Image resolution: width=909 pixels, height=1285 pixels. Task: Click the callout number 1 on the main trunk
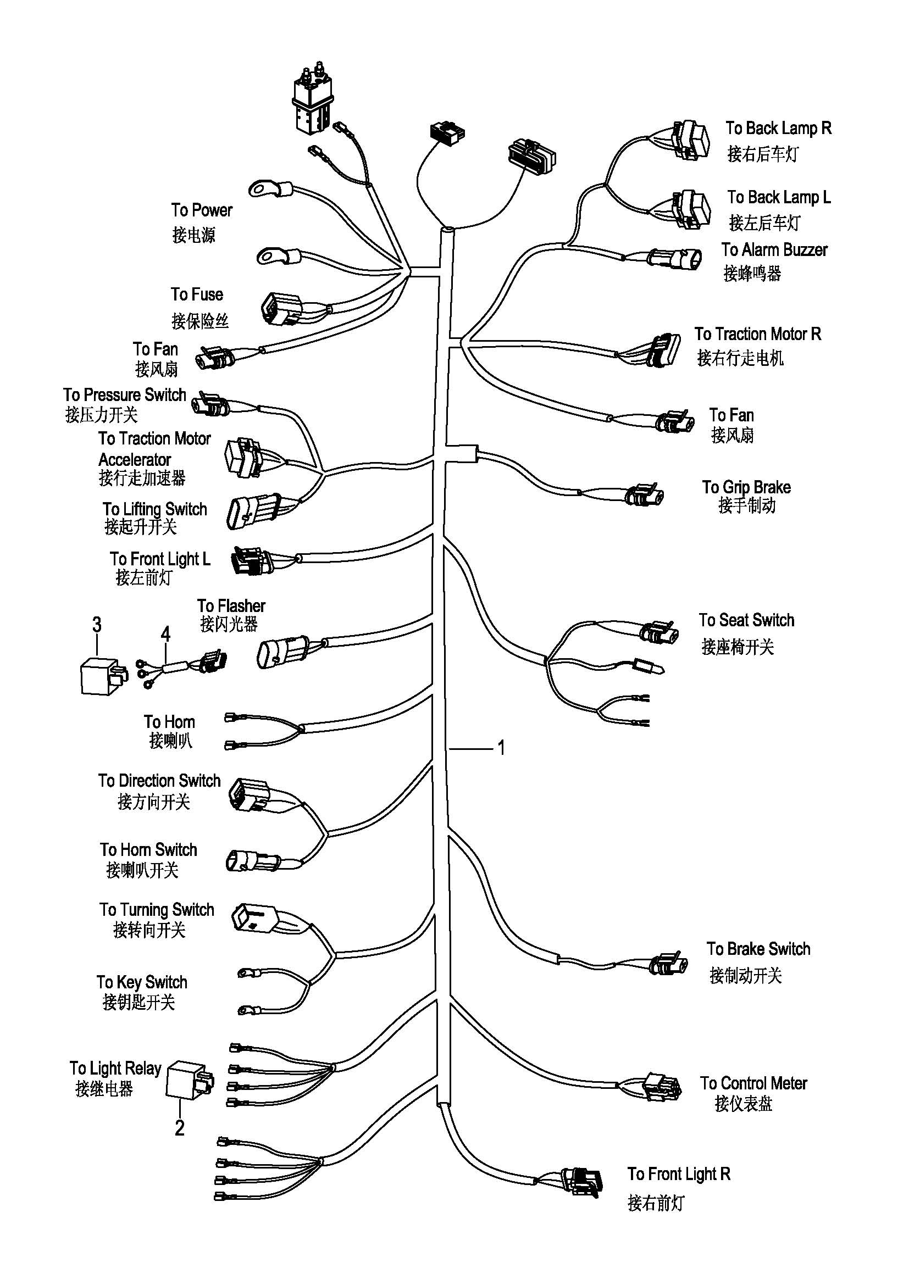[x=502, y=748]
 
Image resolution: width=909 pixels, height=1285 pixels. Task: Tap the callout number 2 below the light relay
[x=179, y=1127]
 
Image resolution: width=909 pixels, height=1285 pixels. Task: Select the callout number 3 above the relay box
[x=97, y=624]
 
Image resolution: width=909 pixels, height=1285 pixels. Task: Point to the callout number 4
[x=165, y=634]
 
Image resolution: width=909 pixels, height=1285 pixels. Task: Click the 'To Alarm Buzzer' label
[x=774, y=249]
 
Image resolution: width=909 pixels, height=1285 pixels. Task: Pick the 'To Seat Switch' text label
[x=746, y=620]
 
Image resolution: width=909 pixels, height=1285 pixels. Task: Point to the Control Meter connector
[x=663, y=1087]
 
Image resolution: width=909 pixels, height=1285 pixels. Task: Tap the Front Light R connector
[x=583, y=1182]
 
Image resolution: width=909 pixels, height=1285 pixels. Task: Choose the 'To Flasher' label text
[x=231, y=605]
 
